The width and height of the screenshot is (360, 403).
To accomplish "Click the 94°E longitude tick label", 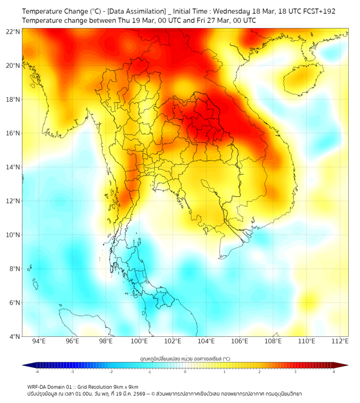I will tap(39, 341).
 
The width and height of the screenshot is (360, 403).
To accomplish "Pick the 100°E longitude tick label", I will tap(140, 341).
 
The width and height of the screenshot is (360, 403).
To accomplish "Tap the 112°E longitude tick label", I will tap(340, 341).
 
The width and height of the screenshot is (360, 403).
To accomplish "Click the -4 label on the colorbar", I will tap(36, 372).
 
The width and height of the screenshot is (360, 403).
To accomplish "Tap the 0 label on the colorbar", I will tap(185, 372).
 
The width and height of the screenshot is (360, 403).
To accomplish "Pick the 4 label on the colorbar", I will tap(334, 372).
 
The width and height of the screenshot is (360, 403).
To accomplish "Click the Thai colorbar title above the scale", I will tap(185, 359).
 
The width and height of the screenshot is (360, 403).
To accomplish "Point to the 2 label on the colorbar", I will tap(259, 372).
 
